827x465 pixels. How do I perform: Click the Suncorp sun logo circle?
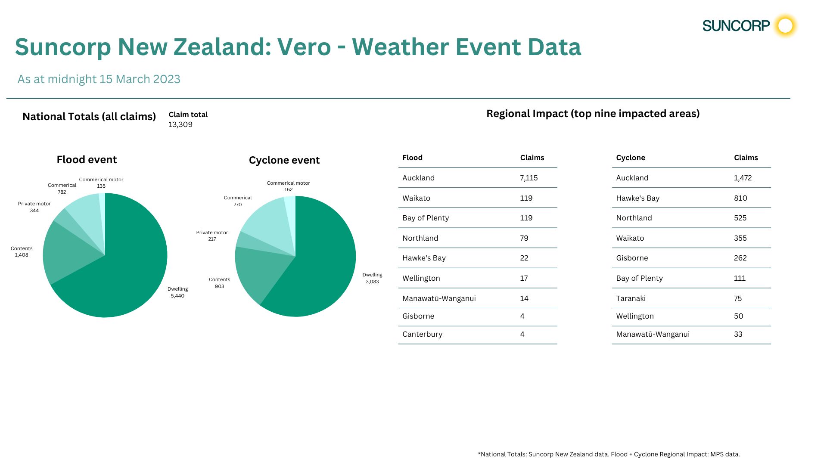click(x=785, y=26)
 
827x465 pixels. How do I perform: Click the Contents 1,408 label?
click(x=22, y=252)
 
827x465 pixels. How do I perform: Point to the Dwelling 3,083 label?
click(x=372, y=278)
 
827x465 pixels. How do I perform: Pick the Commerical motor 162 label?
click(x=288, y=186)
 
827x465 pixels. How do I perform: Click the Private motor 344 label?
click(x=34, y=207)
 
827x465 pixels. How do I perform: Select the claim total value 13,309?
click(x=180, y=124)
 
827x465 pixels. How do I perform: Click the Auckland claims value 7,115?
click(x=529, y=178)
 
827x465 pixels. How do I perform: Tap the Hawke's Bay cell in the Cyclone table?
click(x=637, y=198)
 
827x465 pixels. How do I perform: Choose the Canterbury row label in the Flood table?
click(x=422, y=334)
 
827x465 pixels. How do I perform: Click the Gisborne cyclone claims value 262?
click(x=740, y=258)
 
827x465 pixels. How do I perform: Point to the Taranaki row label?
click(x=631, y=298)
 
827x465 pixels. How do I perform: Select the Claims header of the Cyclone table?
click(x=746, y=158)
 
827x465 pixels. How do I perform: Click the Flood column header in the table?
click(x=412, y=158)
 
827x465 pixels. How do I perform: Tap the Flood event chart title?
click(x=87, y=160)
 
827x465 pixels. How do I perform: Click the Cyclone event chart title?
click(x=284, y=160)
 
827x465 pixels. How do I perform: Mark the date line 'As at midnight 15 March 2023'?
click(x=99, y=79)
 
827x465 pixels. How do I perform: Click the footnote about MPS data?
click(x=609, y=454)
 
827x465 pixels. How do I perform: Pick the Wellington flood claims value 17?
click(x=524, y=278)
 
